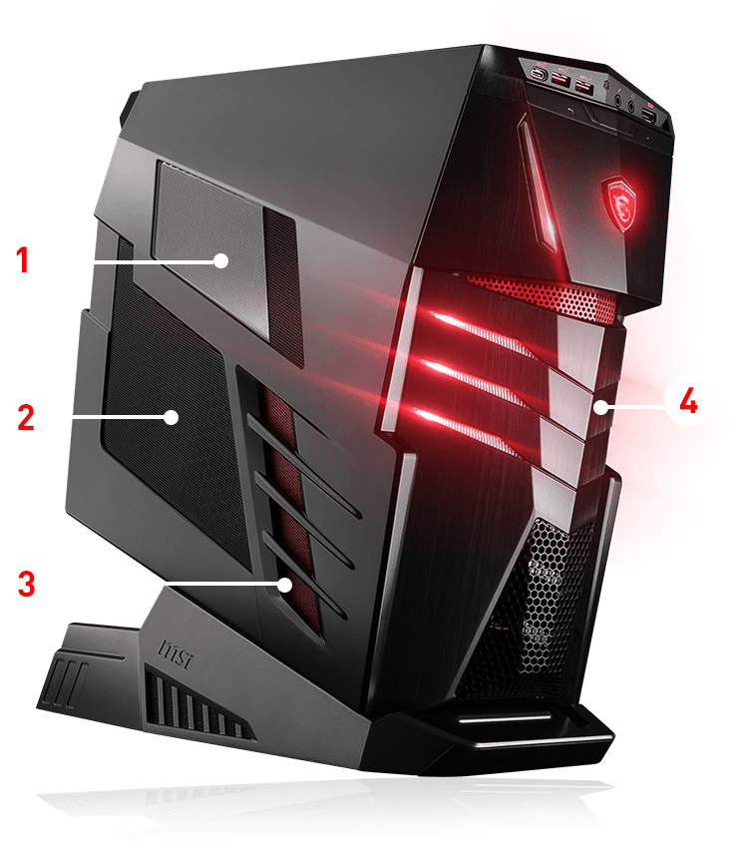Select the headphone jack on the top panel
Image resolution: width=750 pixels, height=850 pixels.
(x=612, y=99)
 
